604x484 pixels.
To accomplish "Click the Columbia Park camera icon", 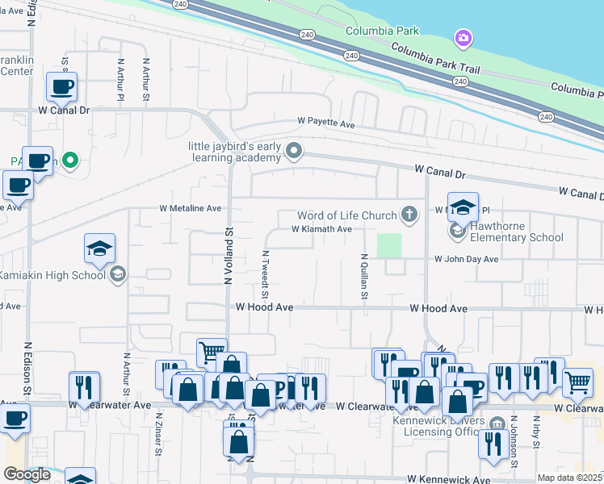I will coord(463,38).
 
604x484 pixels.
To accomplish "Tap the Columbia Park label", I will coord(383,31).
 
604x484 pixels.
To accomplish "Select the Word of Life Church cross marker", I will coord(410,215).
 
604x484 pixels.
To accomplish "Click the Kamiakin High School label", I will coord(52,275).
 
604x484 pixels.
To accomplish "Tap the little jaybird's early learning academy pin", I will coord(295,150).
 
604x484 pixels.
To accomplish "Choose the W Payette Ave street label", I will coord(326,125).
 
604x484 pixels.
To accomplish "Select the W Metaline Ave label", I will coord(190,208).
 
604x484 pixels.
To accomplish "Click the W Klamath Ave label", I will coord(321,229).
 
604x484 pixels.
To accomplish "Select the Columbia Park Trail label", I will coord(436,59).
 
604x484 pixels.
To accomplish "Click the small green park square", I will coord(389,245).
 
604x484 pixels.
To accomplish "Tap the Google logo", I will coord(27,474).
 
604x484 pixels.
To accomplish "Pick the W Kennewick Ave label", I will coord(448,479).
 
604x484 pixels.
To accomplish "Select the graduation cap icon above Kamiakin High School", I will coord(99,248).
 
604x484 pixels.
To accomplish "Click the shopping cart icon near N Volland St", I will coord(211,352).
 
